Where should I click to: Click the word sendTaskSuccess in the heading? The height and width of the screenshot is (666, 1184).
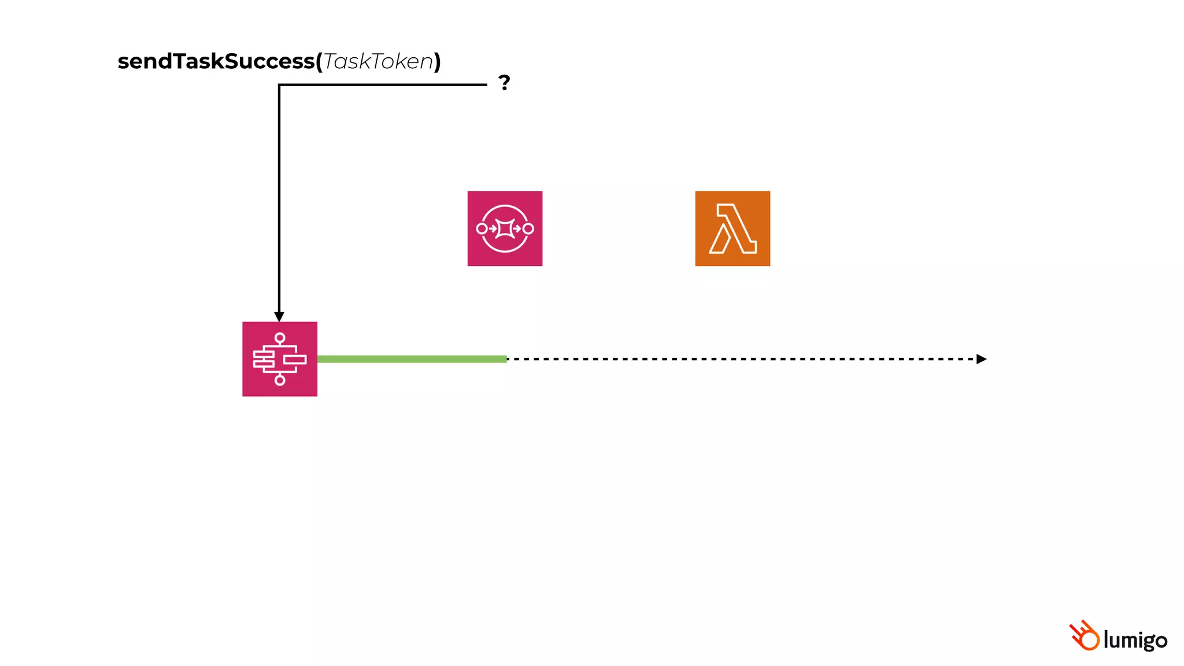coord(216,61)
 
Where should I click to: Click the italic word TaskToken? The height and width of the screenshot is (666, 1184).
coord(378,61)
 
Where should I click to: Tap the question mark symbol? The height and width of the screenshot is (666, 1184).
coord(504,83)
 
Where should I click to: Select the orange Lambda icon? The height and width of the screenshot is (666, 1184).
coord(732,228)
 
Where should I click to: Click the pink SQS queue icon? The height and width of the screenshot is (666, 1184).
coord(505,228)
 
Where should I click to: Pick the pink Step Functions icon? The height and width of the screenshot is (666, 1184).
coord(280,359)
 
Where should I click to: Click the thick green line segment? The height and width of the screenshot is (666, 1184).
coord(412,359)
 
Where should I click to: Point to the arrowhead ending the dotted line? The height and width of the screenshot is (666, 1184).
coord(981,359)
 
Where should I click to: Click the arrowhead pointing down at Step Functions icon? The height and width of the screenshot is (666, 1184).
coord(279,317)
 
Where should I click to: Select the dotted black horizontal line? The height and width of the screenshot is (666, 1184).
coord(740,359)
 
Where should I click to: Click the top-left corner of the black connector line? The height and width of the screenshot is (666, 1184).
coord(279,85)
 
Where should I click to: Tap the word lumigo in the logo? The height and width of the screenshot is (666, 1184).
coord(1135,640)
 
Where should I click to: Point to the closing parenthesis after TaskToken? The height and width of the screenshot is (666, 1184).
coord(438,61)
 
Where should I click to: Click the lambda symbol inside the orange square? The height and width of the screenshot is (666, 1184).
coord(732,228)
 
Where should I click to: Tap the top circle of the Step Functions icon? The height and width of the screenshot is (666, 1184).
coord(280,338)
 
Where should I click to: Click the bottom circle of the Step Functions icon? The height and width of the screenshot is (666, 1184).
coord(280,380)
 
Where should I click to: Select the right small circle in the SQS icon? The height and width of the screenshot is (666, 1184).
coord(528,228)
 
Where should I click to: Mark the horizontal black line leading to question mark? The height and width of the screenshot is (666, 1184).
coord(382,85)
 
